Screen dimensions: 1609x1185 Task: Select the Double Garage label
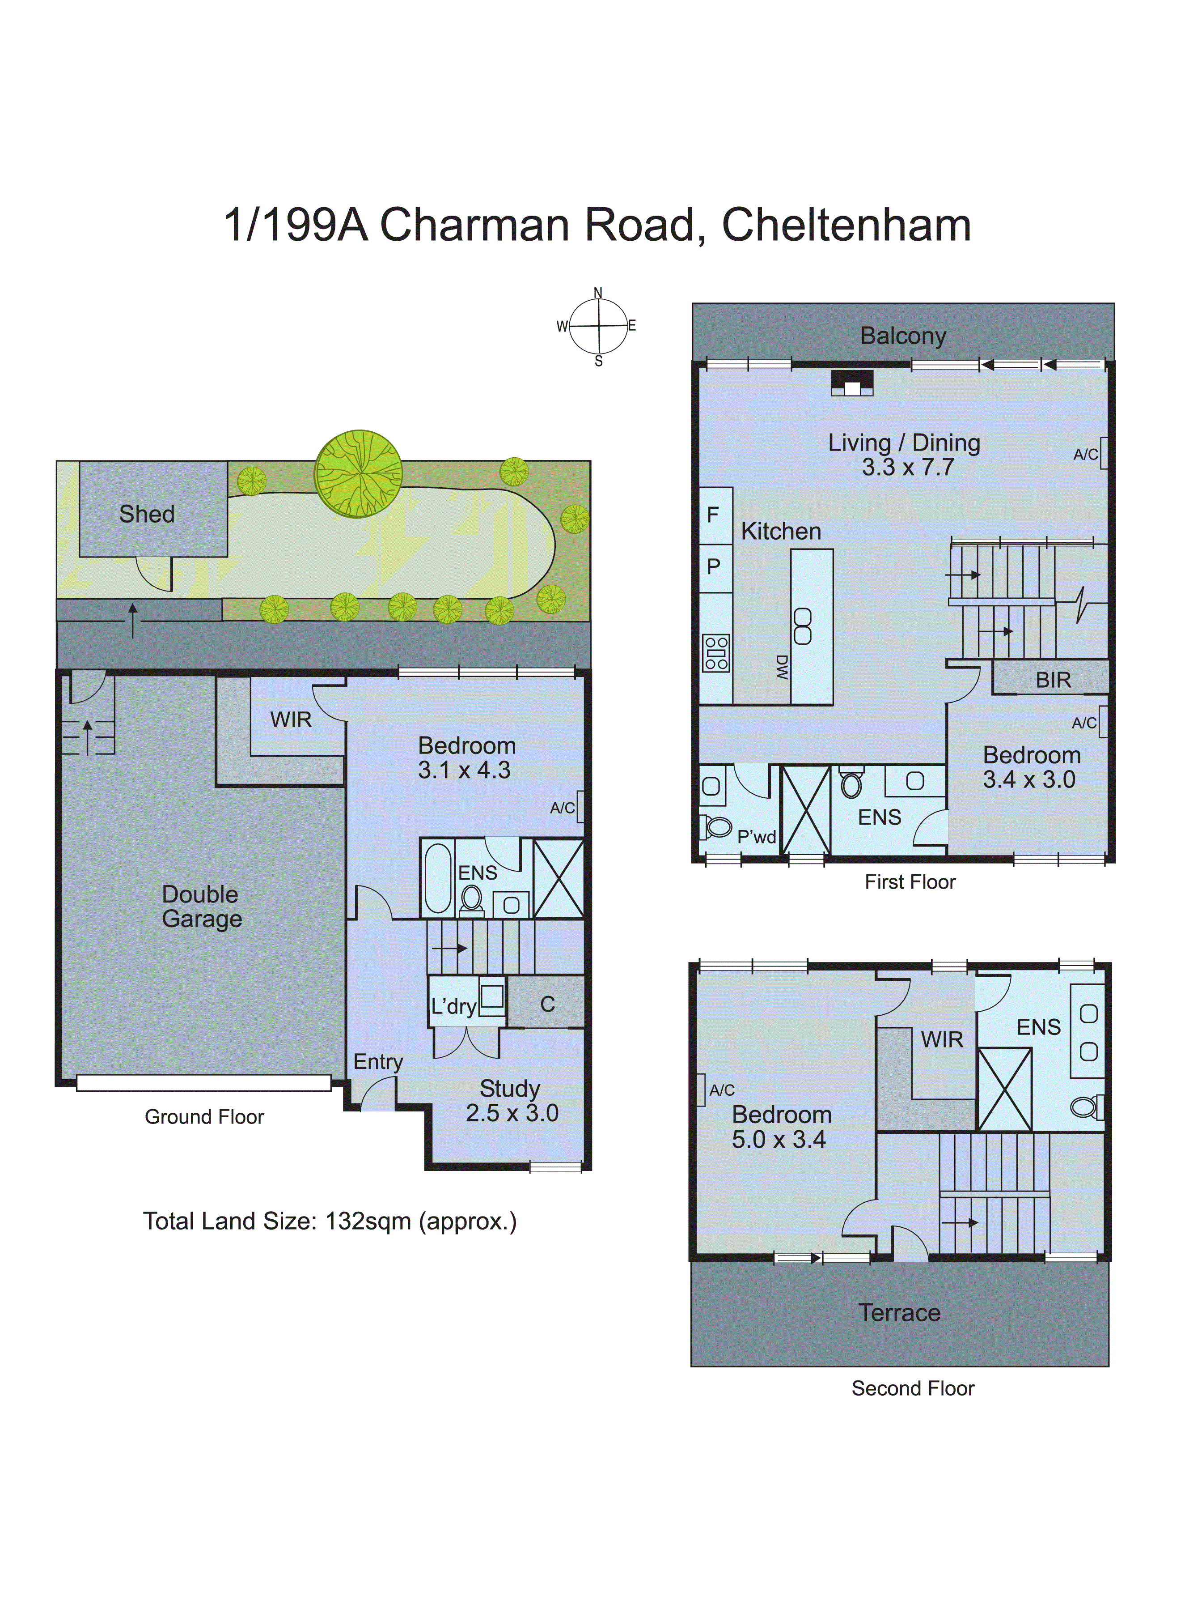coord(202,907)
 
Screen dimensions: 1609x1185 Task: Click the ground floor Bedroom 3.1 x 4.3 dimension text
coord(464,770)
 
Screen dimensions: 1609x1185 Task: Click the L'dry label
coord(453,1006)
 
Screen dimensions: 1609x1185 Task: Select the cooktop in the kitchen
coord(716,653)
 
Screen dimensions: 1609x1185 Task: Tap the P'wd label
coord(756,837)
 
